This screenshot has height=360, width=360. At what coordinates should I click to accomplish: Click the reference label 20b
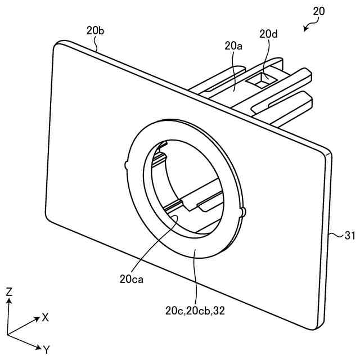(95, 31)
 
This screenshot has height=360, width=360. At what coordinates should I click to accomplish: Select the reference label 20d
(268, 34)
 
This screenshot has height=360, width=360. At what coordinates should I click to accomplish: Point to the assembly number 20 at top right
(318, 11)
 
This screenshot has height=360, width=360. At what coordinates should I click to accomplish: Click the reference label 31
(349, 237)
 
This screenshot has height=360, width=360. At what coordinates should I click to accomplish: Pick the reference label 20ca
(131, 278)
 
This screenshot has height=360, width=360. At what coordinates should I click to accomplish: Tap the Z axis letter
(9, 291)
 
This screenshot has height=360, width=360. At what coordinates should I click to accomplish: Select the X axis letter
(44, 317)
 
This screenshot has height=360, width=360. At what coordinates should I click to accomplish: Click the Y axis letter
(46, 350)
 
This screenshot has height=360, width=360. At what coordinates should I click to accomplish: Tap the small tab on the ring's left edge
(125, 164)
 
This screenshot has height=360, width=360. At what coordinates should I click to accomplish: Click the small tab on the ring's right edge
(243, 211)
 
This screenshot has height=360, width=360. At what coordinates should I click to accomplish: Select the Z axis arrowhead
(9, 301)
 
